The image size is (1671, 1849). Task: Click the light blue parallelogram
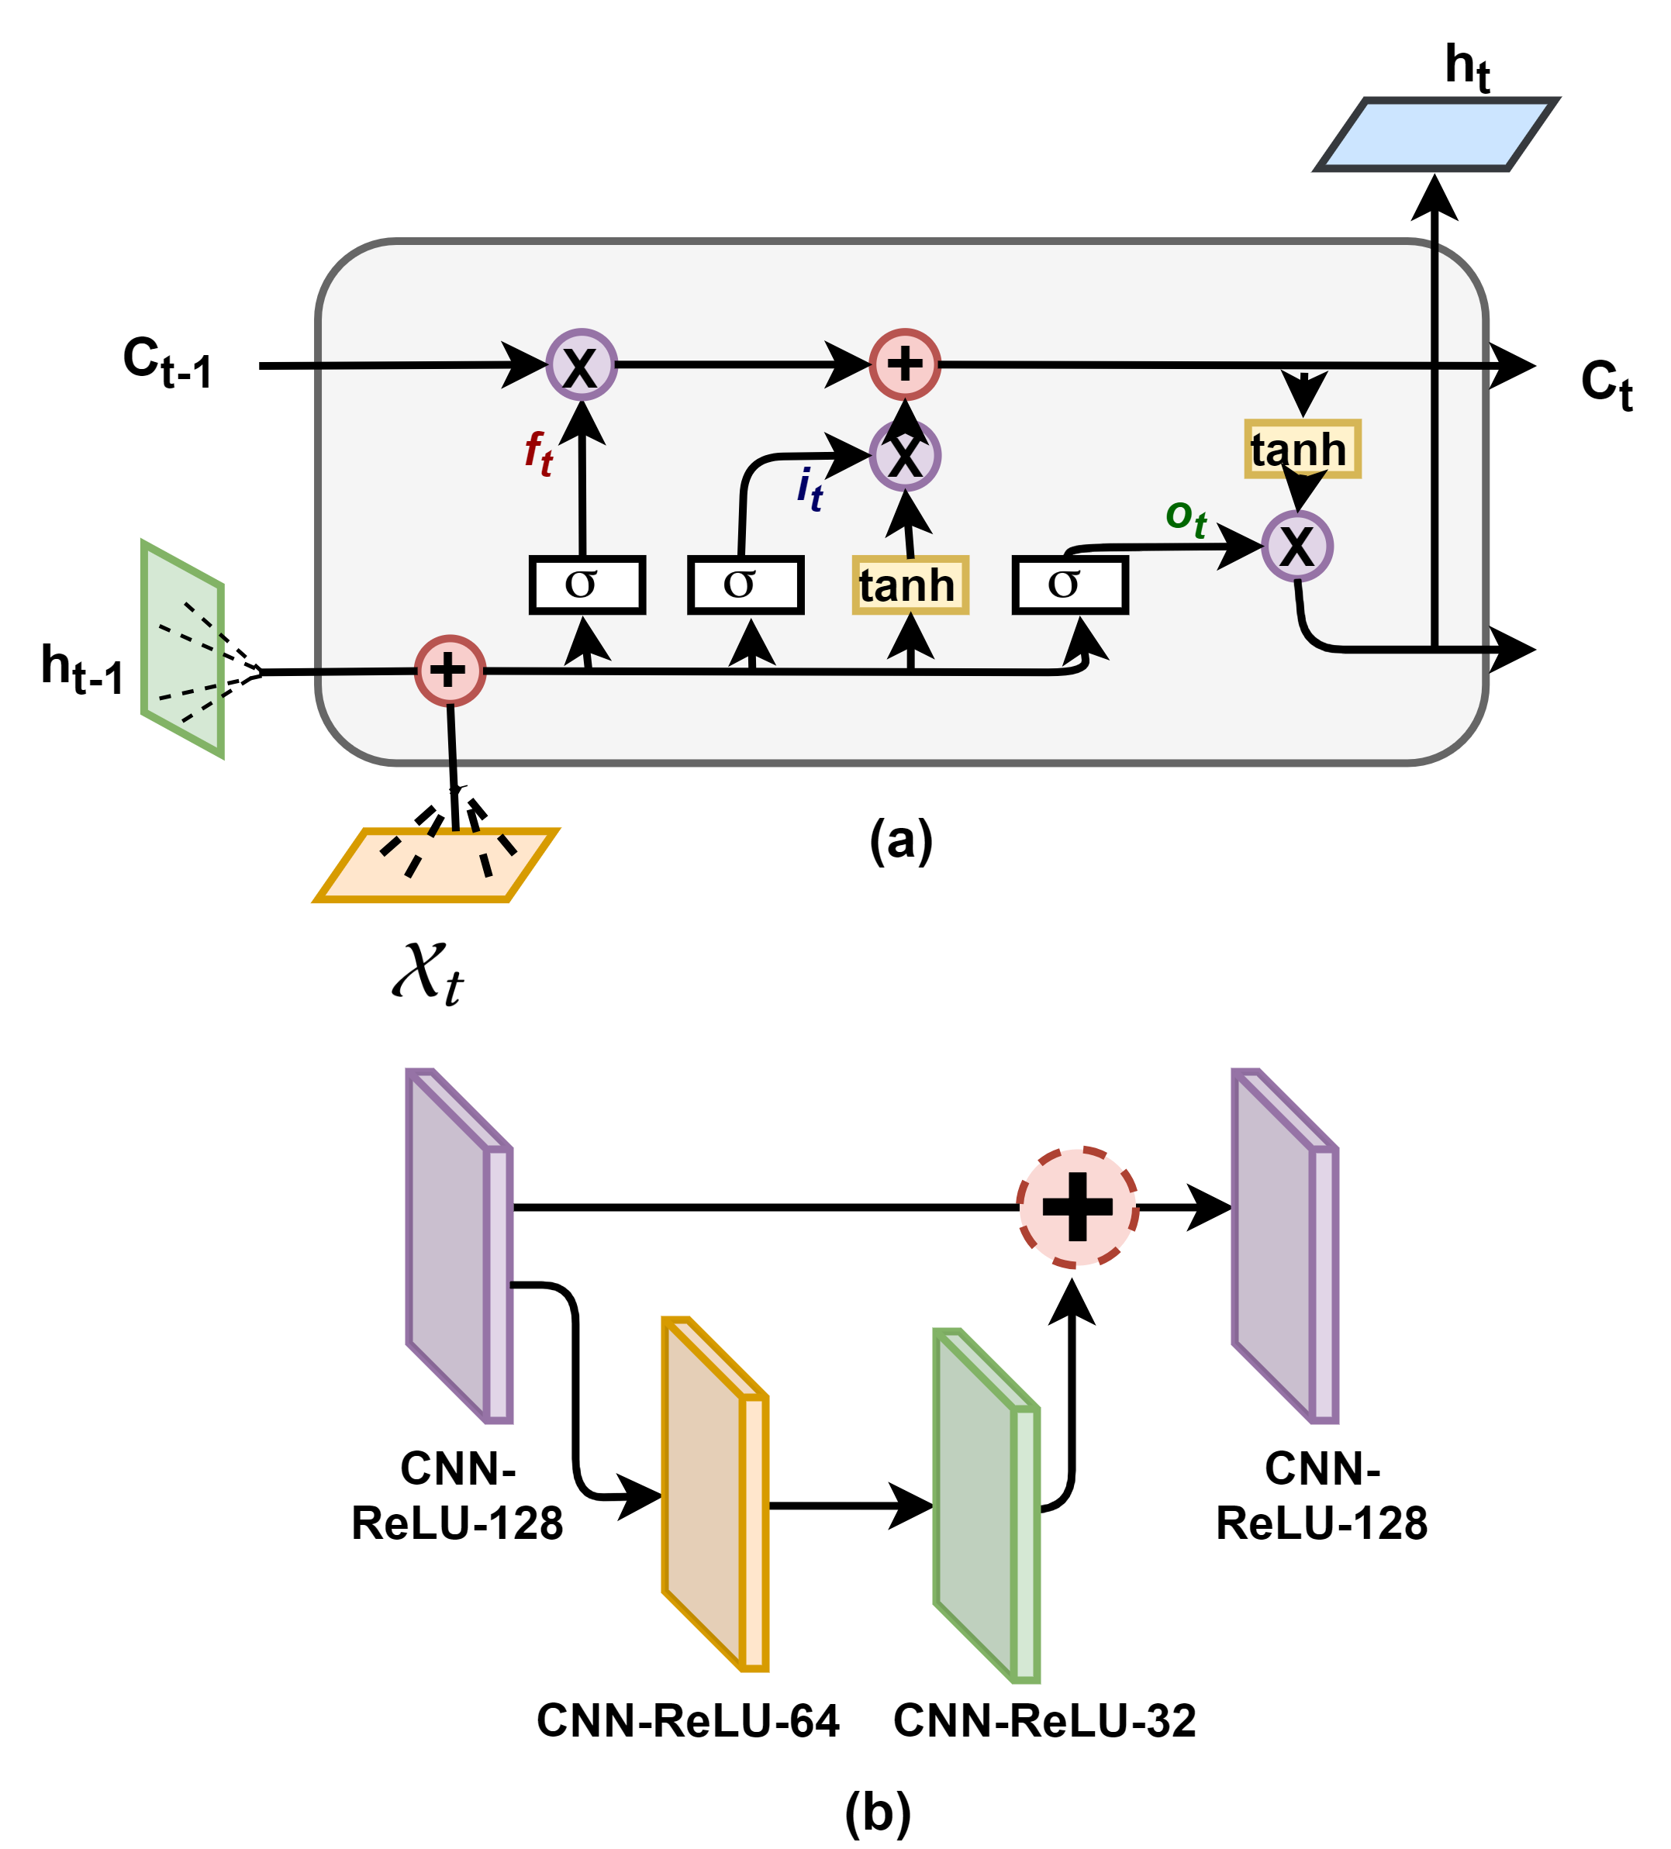1436,134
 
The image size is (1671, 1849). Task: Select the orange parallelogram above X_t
437,865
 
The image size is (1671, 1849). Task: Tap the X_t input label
427,973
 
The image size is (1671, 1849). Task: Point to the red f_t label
538,452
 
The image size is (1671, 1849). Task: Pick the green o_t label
1185,518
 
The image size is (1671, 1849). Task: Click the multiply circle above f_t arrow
582,364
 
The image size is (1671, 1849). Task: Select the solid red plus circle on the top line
904,364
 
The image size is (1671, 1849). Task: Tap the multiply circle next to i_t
904,455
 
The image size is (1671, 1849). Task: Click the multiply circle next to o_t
1296,547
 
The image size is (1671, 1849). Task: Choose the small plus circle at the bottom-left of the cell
450,671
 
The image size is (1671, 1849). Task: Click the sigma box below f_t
587,585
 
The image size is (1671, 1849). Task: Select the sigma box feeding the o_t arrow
1069,585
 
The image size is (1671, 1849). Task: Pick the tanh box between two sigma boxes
910,585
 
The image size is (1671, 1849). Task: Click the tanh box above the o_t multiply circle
1301,449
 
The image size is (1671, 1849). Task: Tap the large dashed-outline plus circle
1078,1207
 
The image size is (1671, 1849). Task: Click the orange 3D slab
713,1495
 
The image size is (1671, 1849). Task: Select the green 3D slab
985,1507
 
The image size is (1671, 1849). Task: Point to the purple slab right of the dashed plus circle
1283,1246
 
